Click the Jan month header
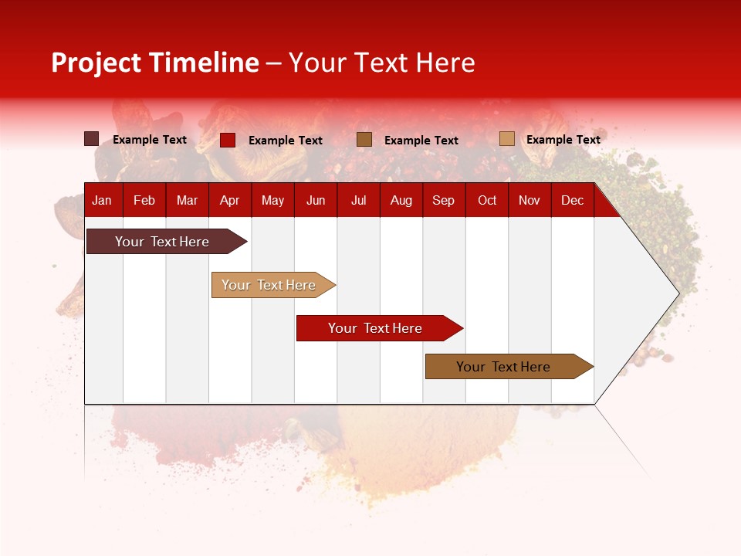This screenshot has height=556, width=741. pos(102,201)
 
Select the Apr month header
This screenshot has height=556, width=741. pos(229,201)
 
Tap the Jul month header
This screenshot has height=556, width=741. pos(358,201)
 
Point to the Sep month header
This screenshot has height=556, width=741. pos(443,201)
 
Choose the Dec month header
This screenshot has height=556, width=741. pos(572,201)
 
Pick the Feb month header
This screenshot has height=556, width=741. pos(144,201)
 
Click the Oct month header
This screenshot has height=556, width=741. pos(487,201)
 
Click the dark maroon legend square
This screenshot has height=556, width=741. pos(91,139)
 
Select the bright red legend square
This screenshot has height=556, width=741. pos(228,140)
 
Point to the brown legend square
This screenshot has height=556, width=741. pos(364,139)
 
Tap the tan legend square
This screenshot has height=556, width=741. pos(506,139)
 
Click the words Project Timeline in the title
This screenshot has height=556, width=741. pos(155,63)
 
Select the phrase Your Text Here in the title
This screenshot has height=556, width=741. pos(382,63)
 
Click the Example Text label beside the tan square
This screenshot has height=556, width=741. pos(563,140)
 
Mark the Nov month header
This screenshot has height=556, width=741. pos(530,201)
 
